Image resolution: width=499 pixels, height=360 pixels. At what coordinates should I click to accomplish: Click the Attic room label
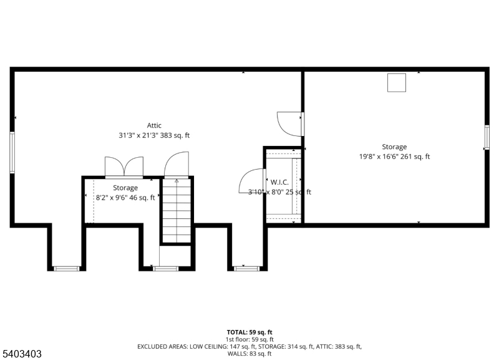(x=154, y=125)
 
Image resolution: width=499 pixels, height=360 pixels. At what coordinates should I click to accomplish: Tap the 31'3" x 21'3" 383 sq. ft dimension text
(x=154, y=135)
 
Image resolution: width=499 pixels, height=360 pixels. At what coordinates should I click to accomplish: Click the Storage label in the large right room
(x=394, y=147)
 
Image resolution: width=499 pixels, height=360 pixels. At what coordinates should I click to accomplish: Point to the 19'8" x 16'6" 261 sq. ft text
(x=394, y=157)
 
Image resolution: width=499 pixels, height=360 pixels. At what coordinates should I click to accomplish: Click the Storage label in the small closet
(x=125, y=188)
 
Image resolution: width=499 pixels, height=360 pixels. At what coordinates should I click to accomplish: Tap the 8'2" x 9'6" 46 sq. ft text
(x=125, y=198)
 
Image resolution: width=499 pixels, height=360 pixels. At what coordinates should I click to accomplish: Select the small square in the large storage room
(x=397, y=82)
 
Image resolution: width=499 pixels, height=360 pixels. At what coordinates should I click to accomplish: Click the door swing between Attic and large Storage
(x=290, y=122)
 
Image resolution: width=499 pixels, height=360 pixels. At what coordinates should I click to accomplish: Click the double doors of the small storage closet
(x=124, y=167)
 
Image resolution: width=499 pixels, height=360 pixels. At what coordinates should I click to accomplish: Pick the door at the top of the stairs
(x=176, y=165)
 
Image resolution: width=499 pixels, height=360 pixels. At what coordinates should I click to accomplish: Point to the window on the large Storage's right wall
(x=487, y=137)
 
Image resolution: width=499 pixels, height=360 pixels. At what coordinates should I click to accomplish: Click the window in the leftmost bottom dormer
(x=66, y=268)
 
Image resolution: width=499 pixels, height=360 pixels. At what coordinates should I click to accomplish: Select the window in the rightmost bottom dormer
(x=246, y=268)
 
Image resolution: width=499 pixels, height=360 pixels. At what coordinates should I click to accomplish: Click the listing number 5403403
(x=22, y=354)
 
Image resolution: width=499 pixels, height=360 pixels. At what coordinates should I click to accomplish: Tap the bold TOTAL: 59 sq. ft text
(x=249, y=332)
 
